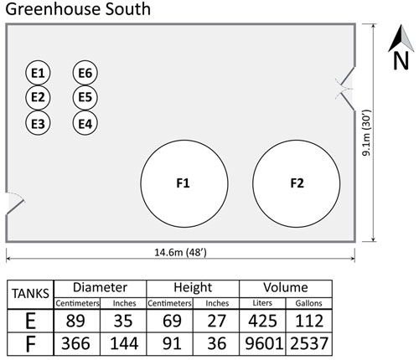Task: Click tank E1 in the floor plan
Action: click(x=38, y=73)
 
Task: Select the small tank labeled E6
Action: click(x=85, y=73)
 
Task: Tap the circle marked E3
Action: click(x=38, y=123)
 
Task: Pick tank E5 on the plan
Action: click(x=85, y=97)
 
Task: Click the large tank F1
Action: click(x=184, y=183)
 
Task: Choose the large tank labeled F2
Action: click(x=297, y=183)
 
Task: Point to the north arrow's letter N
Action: click(x=401, y=61)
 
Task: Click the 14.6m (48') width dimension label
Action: click(x=180, y=252)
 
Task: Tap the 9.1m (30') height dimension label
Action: click(x=366, y=133)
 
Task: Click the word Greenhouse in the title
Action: click(x=49, y=9)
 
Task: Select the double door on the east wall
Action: click(x=345, y=89)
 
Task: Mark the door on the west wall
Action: click(x=14, y=203)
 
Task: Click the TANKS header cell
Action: click(x=30, y=294)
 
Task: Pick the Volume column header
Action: click(x=286, y=287)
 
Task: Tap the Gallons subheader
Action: click(x=308, y=303)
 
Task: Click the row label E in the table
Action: click(x=30, y=321)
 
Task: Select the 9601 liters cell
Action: click(x=262, y=343)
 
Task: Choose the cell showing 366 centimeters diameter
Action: click(x=75, y=343)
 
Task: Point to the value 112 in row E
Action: click(x=308, y=321)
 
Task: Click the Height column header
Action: click(x=193, y=287)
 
